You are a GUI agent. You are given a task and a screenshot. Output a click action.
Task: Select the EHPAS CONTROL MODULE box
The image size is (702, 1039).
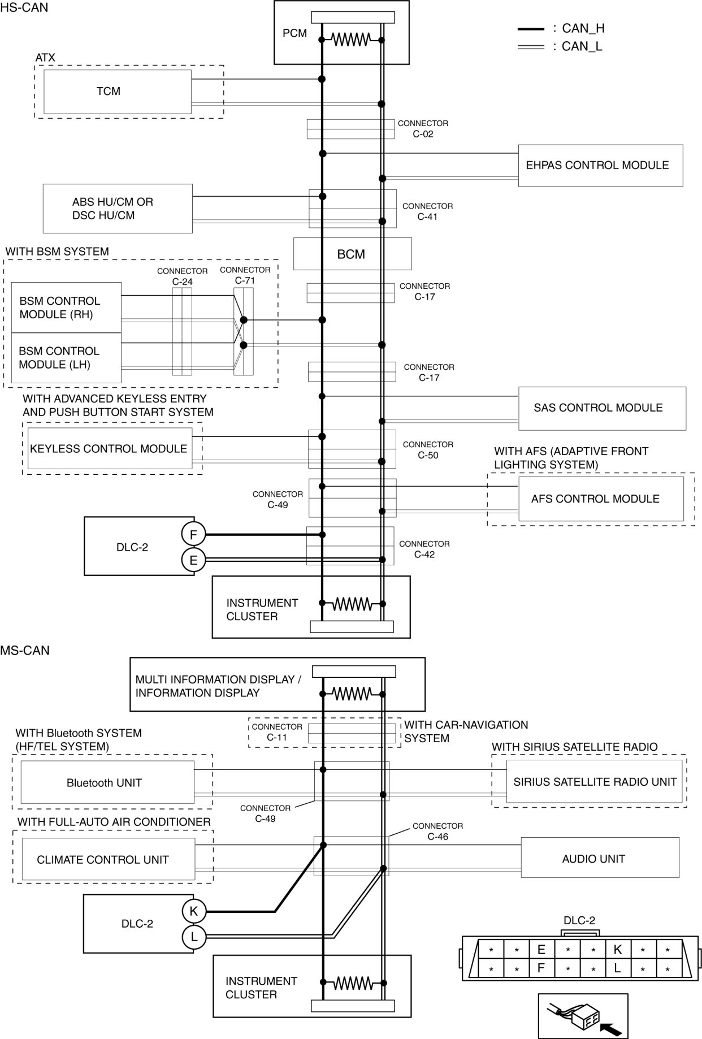(600, 166)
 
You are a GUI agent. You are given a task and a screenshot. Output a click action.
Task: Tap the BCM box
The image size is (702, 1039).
(352, 254)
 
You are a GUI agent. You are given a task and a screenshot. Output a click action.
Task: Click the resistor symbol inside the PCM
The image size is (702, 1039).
(351, 40)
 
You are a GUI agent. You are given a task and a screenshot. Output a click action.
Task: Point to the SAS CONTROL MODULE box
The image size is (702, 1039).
(601, 408)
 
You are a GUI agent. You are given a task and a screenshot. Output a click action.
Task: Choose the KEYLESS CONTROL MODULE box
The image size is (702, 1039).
(110, 449)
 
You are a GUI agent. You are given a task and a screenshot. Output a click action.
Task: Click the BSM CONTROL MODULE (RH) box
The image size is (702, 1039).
(66, 308)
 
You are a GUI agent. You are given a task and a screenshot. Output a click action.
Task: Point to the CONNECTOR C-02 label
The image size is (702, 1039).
(423, 128)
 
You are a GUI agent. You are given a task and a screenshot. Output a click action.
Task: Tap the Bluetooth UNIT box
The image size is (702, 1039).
(107, 783)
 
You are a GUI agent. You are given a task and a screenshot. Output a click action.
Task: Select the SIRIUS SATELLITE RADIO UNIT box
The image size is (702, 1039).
(594, 782)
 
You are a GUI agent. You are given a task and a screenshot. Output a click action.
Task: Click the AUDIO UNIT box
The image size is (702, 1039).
(599, 859)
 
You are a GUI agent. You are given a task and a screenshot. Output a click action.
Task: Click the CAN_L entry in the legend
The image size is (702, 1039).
(582, 46)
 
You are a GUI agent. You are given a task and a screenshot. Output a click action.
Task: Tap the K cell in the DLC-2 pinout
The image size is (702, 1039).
(617, 949)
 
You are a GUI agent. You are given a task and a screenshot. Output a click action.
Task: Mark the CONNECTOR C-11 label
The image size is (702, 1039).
(277, 732)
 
